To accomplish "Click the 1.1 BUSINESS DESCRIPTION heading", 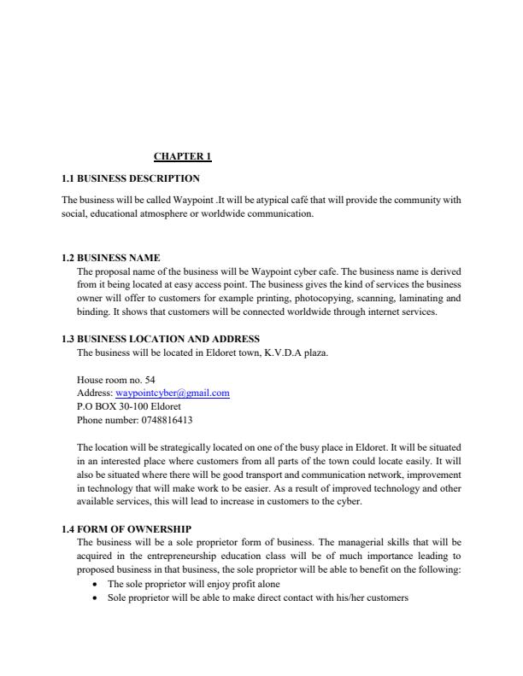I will pos(131,178).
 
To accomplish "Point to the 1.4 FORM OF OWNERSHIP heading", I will pos(126,529).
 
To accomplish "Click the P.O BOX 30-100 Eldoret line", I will pos(123,406).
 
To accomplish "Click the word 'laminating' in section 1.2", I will pos(413,299).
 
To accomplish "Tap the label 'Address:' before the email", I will pos(94,393).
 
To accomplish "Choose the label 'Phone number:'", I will pos(106,420).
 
